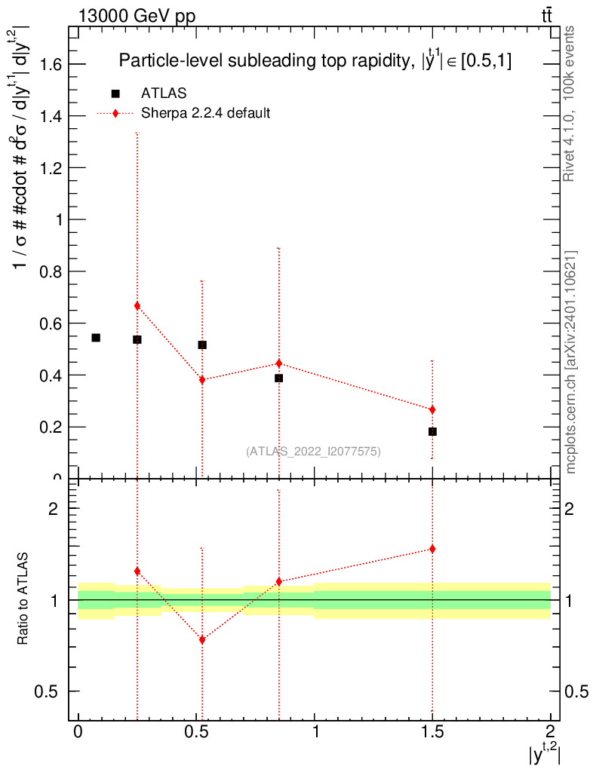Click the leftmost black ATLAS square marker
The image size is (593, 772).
(96, 338)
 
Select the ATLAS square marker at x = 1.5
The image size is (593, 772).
(432, 432)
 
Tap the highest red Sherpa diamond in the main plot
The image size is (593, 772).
(137, 306)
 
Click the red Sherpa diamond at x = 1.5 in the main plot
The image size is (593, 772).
(432, 409)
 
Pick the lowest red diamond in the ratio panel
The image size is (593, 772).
(202, 640)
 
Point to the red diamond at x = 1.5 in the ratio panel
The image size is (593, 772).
(432, 549)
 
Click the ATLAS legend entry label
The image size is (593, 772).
(164, 93)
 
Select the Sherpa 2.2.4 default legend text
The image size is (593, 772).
(205, 113)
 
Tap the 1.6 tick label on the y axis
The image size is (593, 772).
(51, 65)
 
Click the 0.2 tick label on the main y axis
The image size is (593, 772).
(51, 427)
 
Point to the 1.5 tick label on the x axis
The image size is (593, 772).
(432, 731)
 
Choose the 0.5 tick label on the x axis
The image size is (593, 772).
(196, 731)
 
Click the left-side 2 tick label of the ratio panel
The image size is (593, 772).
(54, 509)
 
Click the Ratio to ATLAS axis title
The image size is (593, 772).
(23, 599)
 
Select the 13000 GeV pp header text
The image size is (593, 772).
(137, 17)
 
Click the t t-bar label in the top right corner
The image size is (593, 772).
(547, 16)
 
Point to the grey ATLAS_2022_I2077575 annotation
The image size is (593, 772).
(313, 452)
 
